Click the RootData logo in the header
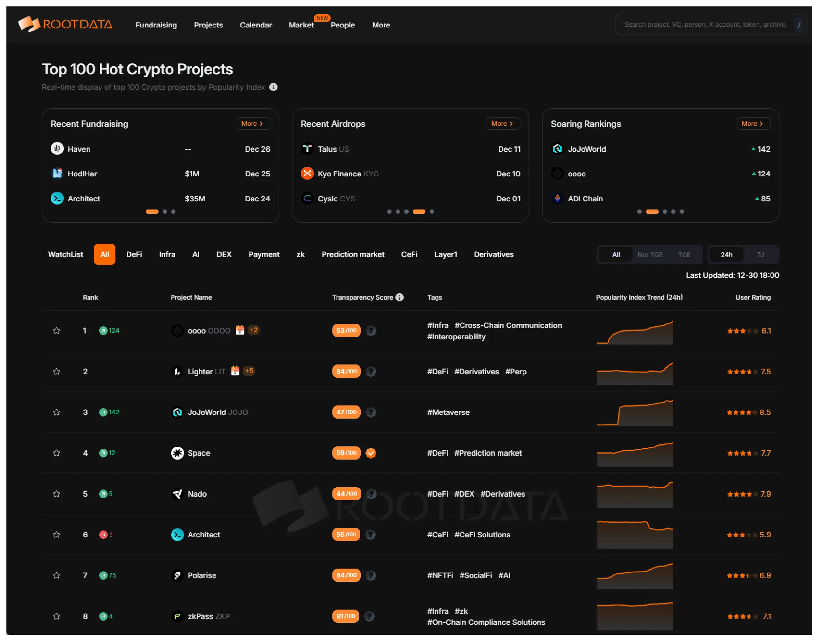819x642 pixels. tap(66, 25)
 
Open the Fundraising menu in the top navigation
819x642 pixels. tap(156, 25)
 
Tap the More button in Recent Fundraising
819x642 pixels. tap(253, 123)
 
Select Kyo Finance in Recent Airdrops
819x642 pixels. tap(339, 174)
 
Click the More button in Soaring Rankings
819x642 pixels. tap(752, 123)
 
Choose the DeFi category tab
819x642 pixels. tap(134, 254)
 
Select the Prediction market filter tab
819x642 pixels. tap(353, 254)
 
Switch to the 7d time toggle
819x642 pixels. tap(760, 255)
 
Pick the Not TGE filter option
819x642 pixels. tap(650, 255)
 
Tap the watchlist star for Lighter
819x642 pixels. tap(56, 371)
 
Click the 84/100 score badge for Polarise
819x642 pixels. tap(346, 575)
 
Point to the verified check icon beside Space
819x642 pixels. tap(371, 453)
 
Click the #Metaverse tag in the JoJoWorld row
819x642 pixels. tap(448, 412)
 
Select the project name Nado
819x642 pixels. tap(197, 494)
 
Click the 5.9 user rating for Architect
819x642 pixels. tap(765, 534)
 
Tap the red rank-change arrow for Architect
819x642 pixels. tap(103, 534)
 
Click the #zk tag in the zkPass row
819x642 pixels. tap(461, 611)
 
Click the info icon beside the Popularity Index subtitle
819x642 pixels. tap(274, 87)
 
